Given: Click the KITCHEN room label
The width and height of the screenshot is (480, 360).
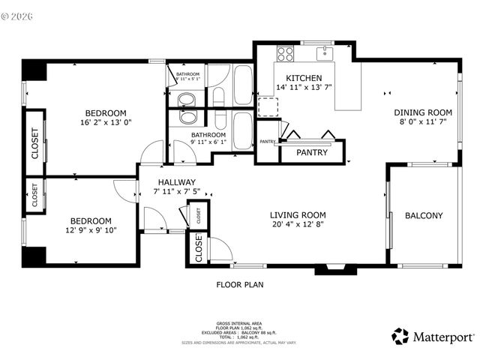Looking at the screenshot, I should (304, 78).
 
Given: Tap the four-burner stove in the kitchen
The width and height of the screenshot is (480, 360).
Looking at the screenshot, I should (286, 53).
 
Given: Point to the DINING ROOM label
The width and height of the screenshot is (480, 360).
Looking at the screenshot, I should (424, 113).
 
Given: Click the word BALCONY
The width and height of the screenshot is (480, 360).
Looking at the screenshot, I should (424, 216).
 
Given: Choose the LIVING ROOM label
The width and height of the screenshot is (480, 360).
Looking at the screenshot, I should (298, 215).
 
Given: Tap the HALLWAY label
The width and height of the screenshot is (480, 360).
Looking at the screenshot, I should (177, 182).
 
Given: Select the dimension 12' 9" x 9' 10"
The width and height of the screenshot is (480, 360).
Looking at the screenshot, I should (90, 231).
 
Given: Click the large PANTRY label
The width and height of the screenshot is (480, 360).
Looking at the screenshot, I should (311, 152).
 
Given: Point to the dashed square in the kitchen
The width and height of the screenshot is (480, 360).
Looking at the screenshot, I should (268, 106).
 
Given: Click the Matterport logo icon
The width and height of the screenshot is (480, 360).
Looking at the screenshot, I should (400, 336).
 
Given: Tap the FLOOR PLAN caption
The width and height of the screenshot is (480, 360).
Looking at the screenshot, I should (239, 285).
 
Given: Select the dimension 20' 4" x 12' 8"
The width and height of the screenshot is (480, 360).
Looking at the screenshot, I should (298, 225).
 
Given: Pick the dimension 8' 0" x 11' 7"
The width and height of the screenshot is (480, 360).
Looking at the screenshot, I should (424, 122).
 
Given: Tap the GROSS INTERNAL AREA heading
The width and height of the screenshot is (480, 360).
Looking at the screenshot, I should (239, 320).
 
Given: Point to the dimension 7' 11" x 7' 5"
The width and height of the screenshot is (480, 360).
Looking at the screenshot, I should (177, 192).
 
